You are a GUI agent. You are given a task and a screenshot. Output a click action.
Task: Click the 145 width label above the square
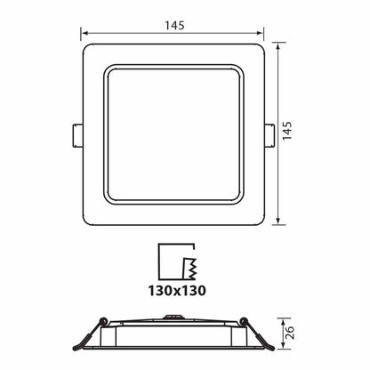[173, 25]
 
